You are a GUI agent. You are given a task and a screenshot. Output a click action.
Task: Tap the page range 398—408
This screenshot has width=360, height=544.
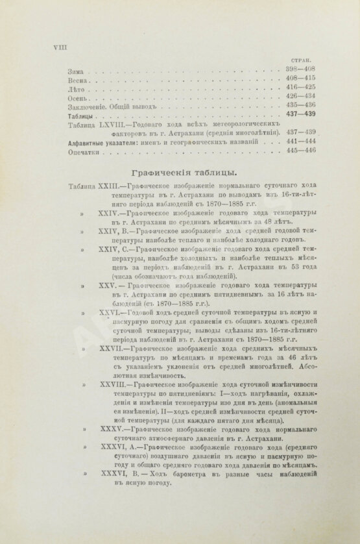[x=300, y=68]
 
